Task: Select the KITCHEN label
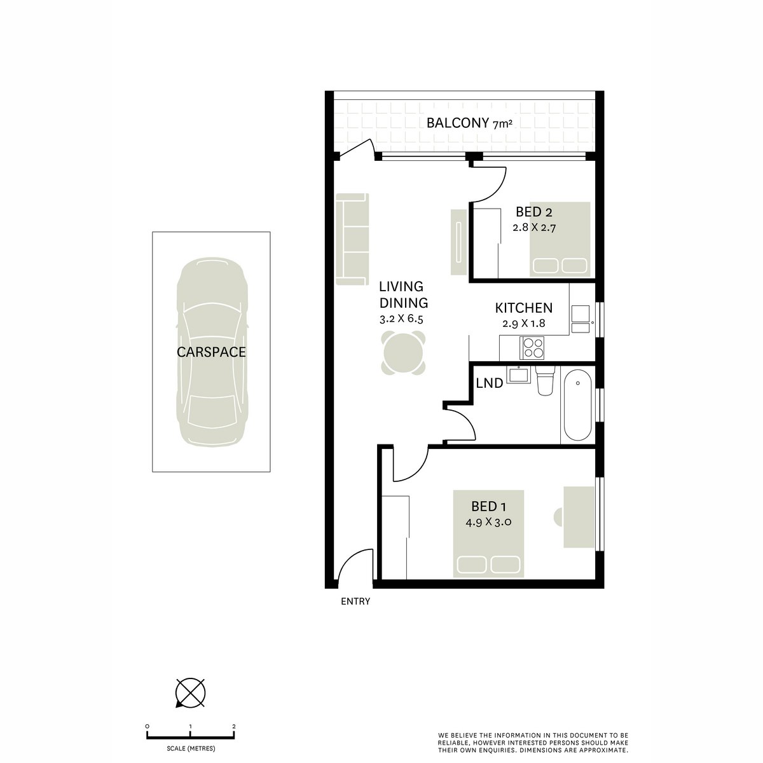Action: [x=523, y=308]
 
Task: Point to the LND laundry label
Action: [x=490, y=383]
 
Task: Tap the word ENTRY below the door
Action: [x=355, y=601]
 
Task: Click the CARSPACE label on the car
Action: [x=211, y=352]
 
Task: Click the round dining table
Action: [x=403, y=352]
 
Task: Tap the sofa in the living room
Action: [x=352, y=240]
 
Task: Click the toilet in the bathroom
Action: [x=546, y=381]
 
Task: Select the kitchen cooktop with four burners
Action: [x=533, y=347]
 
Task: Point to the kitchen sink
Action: [x=581, y=319]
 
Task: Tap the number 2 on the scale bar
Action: [x=234, y=726]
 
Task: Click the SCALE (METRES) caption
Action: [x=191, y=747]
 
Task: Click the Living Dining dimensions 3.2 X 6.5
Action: [x=401, y=319]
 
